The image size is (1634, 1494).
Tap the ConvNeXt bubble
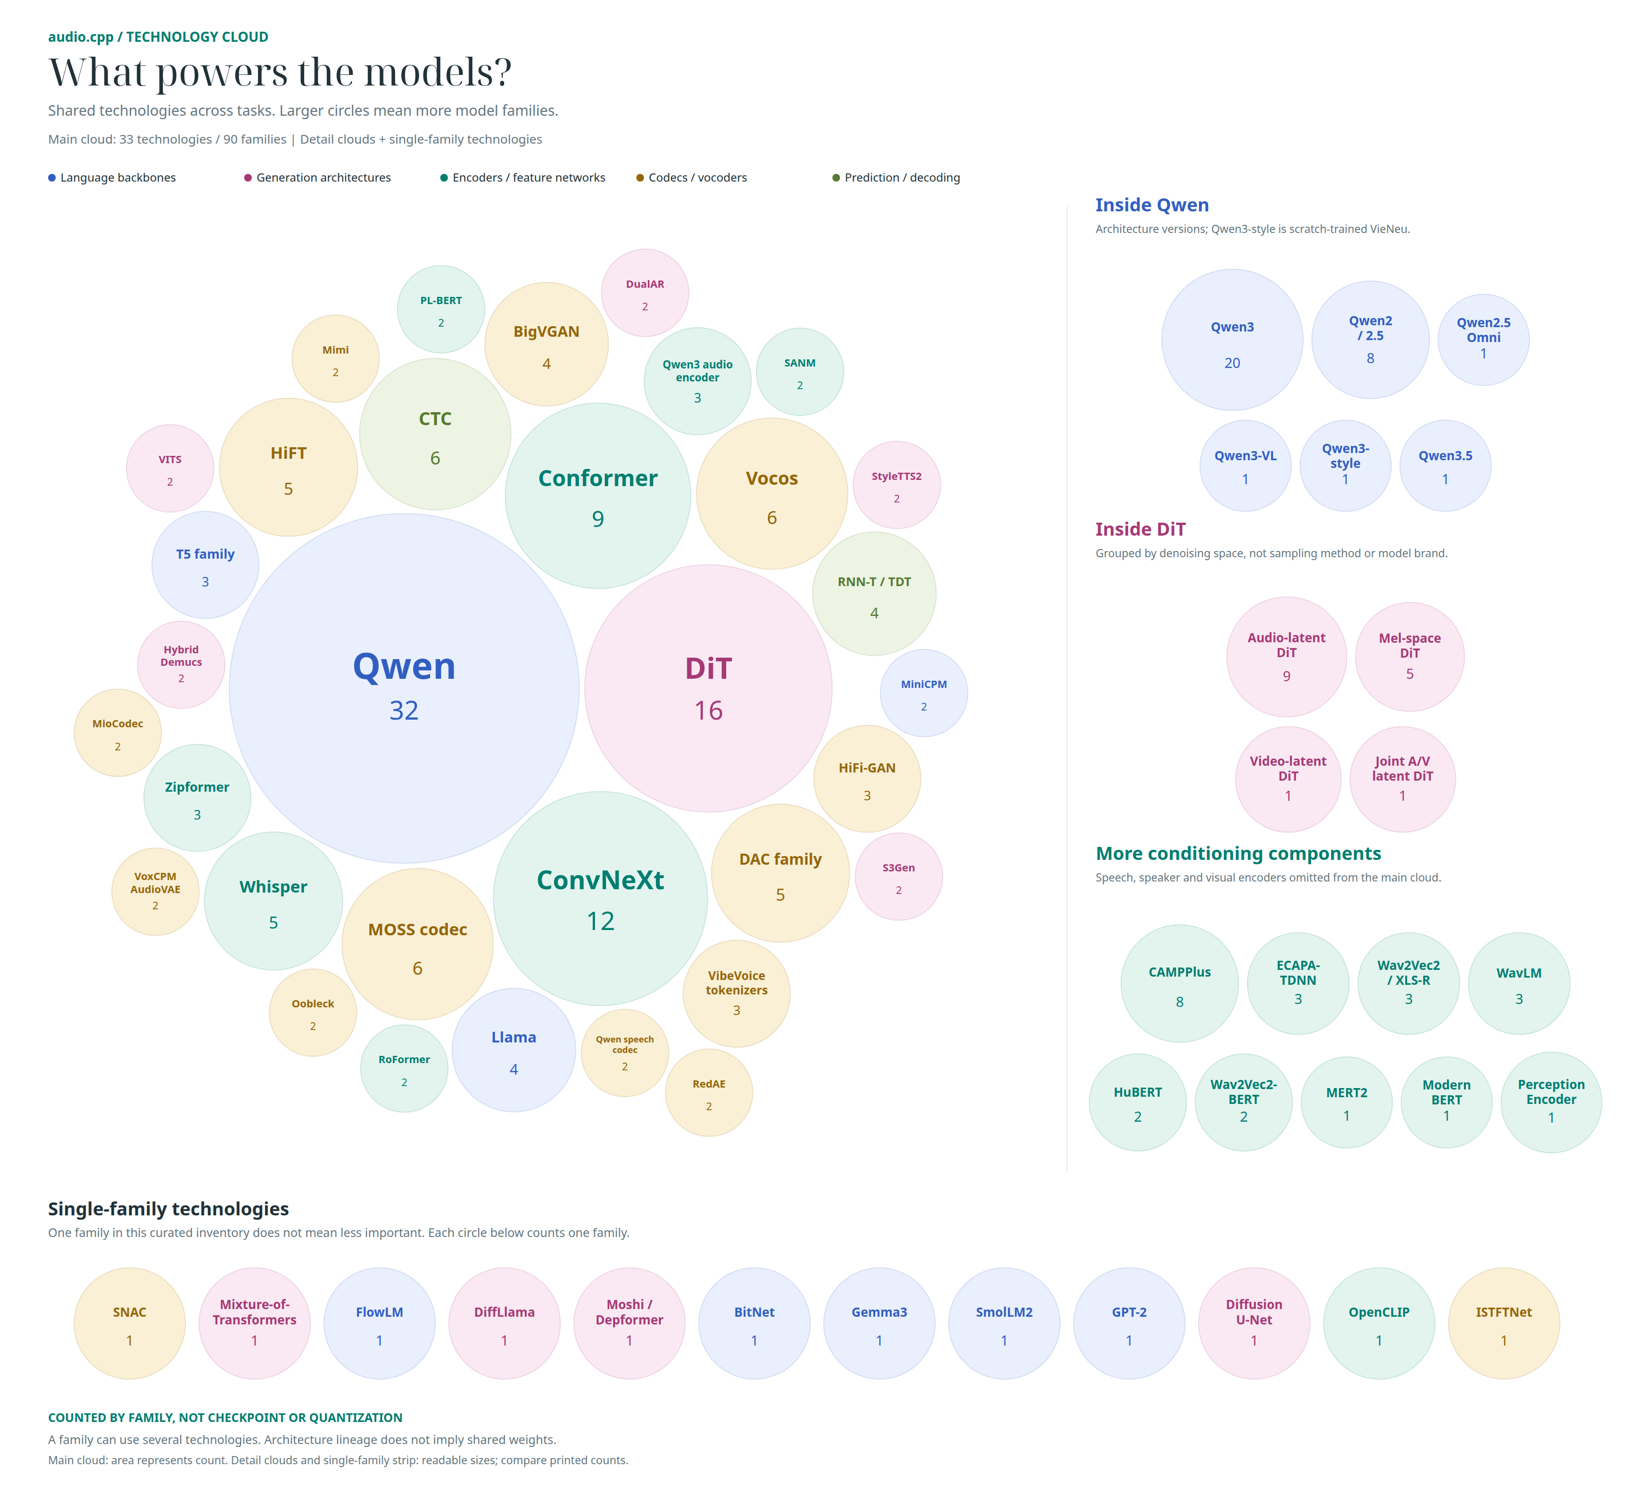pos(601,898)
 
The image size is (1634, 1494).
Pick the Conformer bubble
pos(598,496)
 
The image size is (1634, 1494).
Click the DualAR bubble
pos(645,293)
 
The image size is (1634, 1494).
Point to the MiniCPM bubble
pos(924,693)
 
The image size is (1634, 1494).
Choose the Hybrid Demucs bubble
pos(181,665)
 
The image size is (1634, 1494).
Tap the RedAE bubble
pos(709,1093)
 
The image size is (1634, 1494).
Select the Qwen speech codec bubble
pos(625,1053)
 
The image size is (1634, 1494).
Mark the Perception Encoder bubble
pos(1551,1102)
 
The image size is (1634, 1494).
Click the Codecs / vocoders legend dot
pos(640,177)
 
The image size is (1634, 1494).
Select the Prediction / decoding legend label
pos(902,177)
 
